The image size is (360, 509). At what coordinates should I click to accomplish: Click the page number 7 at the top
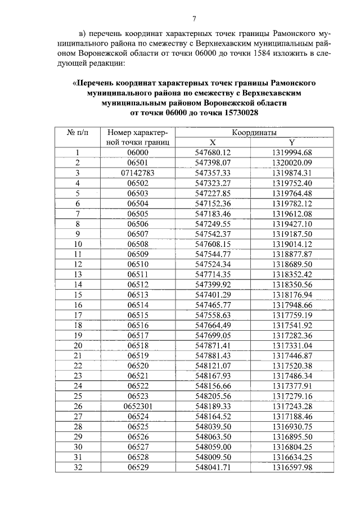(x=193, y=19)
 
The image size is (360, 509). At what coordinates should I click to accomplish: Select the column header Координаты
(x=254, y=132)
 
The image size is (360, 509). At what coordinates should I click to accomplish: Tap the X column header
(x=213, y=142)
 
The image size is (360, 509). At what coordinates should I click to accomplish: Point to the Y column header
(x=291, y=142)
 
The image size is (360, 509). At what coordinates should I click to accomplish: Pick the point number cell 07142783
(x=137, y=173)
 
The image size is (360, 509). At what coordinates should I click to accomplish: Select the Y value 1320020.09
(x=291, y=163)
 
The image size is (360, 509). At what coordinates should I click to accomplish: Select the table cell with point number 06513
(x=137, y=294)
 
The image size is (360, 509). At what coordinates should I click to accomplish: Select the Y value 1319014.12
(x=291, y=244)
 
